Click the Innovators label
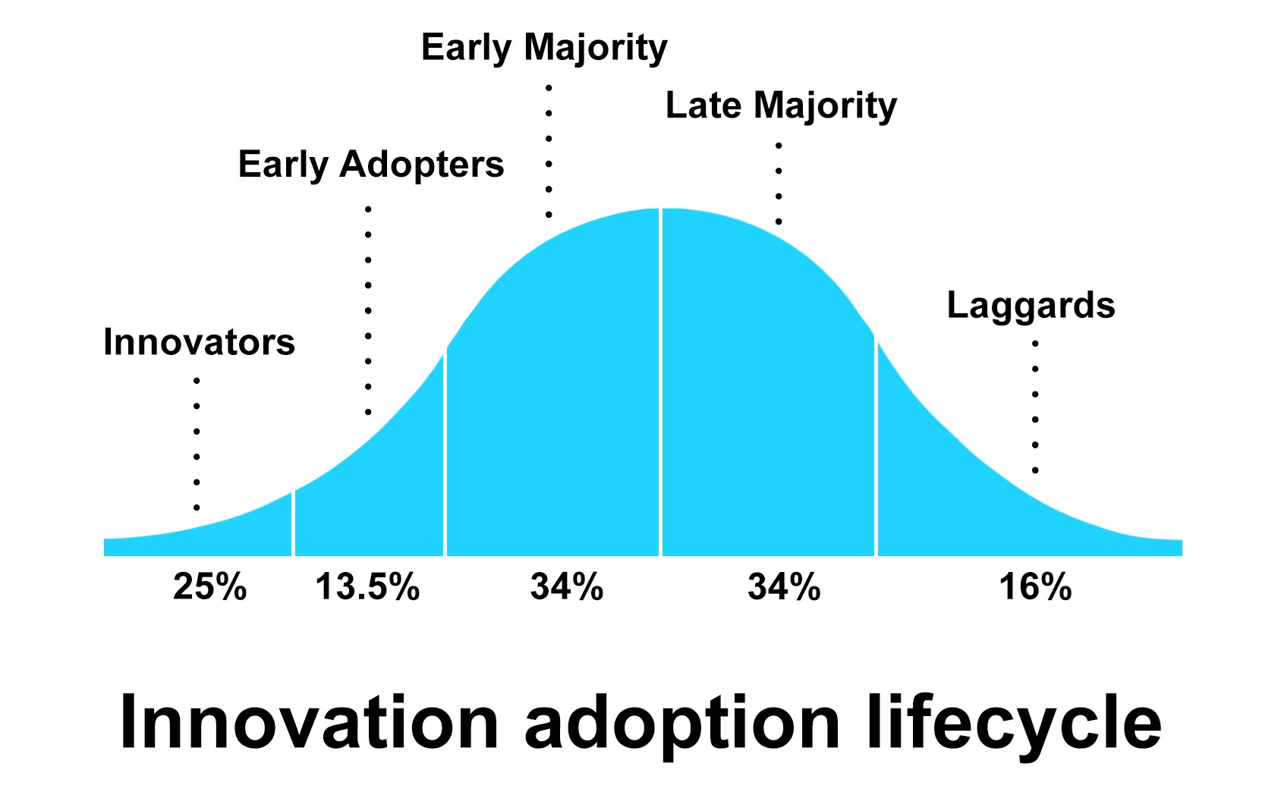click(199, 342)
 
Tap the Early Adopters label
click(370, 165)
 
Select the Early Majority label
click(544, 48)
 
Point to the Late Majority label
click(781, 105)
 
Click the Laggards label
click(1031, 306)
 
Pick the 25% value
click(209, 587)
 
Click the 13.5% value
click(367, 587)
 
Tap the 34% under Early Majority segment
click(567, 587)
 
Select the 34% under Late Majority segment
click(784, 587)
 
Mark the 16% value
click(1035, 587)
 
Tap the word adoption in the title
click(682, 722)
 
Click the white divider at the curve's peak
click(660, 379)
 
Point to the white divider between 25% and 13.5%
click(293, 523)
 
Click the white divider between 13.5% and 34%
click(445, 455)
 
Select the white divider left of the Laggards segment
click(876, 448)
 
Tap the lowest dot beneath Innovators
click(197, 508)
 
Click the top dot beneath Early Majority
click(549, 88)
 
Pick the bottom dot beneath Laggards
click(1035, 471)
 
